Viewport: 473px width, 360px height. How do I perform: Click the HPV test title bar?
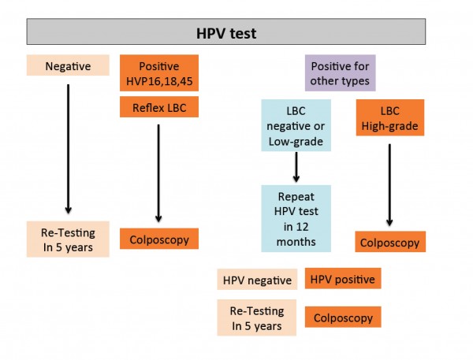click(226, 32)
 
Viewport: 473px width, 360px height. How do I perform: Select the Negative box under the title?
click(68, 65)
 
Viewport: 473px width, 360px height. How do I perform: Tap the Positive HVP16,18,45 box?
click(159, 73)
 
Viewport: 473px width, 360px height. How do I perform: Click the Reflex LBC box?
click(159, 106)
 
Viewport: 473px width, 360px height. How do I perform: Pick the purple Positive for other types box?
click(341, 73)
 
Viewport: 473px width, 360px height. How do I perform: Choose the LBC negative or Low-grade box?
click(296, 125)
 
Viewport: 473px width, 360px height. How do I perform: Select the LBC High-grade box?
click(390, 117)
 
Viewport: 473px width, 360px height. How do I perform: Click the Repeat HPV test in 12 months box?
click(296, 218)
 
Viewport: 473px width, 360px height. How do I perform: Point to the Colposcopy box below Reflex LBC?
click(159, 239)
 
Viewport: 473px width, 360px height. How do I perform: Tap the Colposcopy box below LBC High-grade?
click(390, 242)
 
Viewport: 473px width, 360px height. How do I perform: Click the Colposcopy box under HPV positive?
click(343, 317)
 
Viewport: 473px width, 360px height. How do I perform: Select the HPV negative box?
click(257, 280)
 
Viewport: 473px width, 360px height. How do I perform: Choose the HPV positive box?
click(343, 279)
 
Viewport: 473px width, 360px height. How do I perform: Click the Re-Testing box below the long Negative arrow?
click(68, 239)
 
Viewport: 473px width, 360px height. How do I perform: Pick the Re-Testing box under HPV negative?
click(257, 317)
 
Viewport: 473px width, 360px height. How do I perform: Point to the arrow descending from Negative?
click(68, 149)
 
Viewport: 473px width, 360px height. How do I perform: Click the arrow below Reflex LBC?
click(158, 173)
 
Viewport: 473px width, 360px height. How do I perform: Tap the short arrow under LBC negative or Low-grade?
click(296, 167)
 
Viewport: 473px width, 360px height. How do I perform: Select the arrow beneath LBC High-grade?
click(389, 185)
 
